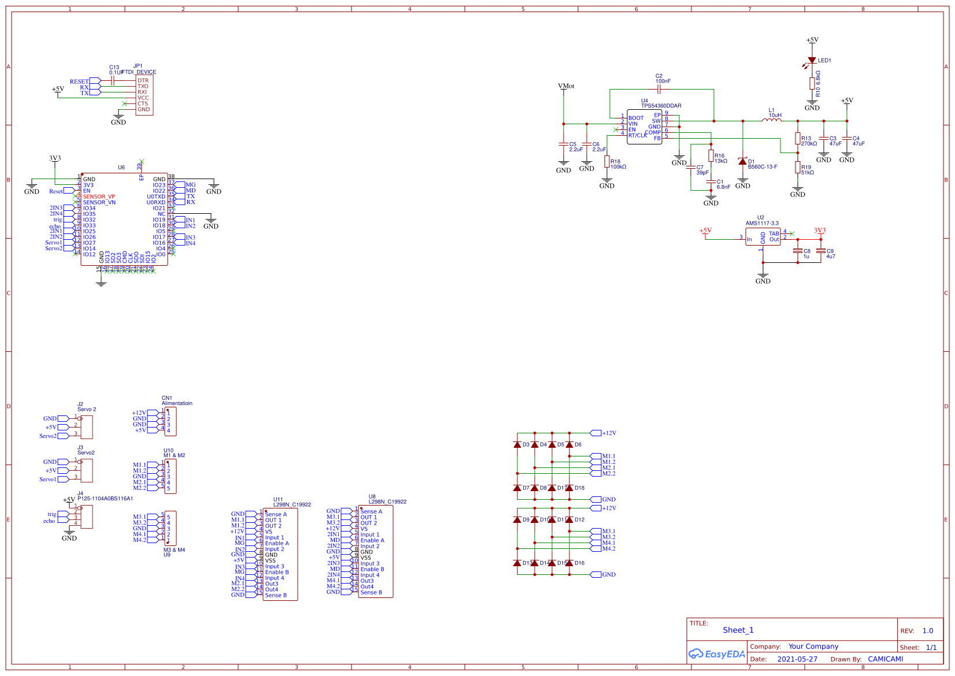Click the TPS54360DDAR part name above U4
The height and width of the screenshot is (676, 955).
click(x=661, y=106)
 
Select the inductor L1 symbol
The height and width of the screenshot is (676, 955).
click(x=771, y=120)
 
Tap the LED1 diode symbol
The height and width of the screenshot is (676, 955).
click(x=812, y=60)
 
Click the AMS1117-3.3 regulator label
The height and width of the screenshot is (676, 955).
click(x=762, y=223)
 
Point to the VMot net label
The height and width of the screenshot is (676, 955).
click(x=566, y=86)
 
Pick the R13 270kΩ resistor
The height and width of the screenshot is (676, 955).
click(x=798, y=139)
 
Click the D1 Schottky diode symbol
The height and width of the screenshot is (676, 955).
click(x=743, y=162)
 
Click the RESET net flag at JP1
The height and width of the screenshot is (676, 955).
click(x=80, y=81)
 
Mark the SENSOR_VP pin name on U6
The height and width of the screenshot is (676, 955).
click(x=99, y=196)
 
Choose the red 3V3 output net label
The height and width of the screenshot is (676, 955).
click(x=820, y=231)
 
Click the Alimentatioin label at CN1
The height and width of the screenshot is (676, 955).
click(x=177, y=403)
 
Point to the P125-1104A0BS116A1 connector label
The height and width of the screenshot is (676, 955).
click(x=105, y=499)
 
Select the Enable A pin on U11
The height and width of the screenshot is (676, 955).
click(x=277, y=543)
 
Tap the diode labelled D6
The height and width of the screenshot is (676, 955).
click(x=569, y=445)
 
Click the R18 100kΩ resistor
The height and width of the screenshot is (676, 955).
click(x=607, y=162)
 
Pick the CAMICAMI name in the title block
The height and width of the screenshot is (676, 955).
click(x=885, y=659)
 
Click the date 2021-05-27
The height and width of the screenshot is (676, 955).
click(x=797, y=659)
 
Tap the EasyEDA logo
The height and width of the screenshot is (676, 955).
click(x=717, y=654)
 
